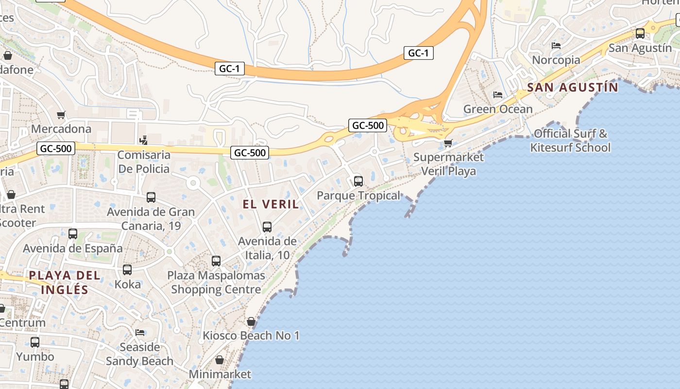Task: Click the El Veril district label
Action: [271, 204]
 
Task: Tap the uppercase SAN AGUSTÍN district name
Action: [572, 88]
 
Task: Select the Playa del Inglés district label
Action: [65, 283]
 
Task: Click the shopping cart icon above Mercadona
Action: [61, 115]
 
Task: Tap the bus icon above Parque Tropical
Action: [358, 181]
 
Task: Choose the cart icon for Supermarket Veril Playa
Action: [448, 143]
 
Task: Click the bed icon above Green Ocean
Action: [498, 95]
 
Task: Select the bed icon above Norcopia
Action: [556, 46]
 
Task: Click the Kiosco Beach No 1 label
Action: [251, 336]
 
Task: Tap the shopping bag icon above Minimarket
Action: [220, 360]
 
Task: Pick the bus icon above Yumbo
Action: [35, 342]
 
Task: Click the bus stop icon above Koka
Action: [127, 269]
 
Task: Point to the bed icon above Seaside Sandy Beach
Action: [140, 333]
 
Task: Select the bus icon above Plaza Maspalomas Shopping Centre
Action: [216, 261]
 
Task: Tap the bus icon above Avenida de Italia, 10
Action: [267, 227]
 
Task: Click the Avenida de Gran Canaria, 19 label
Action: [151, 219]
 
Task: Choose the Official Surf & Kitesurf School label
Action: [570, 141]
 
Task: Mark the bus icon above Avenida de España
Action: [73, 234]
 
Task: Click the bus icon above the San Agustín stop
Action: [640, 34]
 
